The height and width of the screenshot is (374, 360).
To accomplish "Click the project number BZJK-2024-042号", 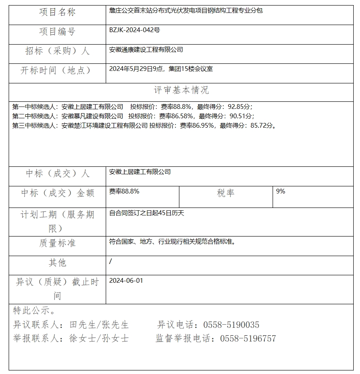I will pos(134,30).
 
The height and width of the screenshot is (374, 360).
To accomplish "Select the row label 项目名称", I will pos(57,13).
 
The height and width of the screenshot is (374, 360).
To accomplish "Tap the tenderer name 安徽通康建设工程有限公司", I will pos(146,50).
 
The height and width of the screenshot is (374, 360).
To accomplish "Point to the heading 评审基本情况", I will pos(181,90).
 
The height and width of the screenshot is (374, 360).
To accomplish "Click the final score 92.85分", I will pos(238,107).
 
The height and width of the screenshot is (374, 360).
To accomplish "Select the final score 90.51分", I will pos(240,116).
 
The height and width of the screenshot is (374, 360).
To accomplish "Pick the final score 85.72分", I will pos(261,126).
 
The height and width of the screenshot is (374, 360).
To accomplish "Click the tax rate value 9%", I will pos(280,192).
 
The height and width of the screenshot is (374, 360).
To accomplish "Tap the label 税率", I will pos(226,193).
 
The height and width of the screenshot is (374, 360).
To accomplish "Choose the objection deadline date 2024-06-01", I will pos(126,281).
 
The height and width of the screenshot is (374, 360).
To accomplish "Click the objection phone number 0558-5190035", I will pos(231,325).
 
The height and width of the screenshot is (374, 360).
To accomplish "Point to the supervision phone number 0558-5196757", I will pos(248,338).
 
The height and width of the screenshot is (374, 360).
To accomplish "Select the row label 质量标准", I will pos(57,243).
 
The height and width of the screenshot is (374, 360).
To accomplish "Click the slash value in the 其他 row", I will pos(110,261).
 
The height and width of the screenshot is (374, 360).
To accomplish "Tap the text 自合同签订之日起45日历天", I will pos(147,213).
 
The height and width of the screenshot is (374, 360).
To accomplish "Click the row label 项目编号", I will pos(57,32).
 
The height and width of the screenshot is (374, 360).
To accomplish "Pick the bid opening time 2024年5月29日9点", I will pos(136,69).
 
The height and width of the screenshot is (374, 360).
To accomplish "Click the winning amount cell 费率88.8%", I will pos(124,192).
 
